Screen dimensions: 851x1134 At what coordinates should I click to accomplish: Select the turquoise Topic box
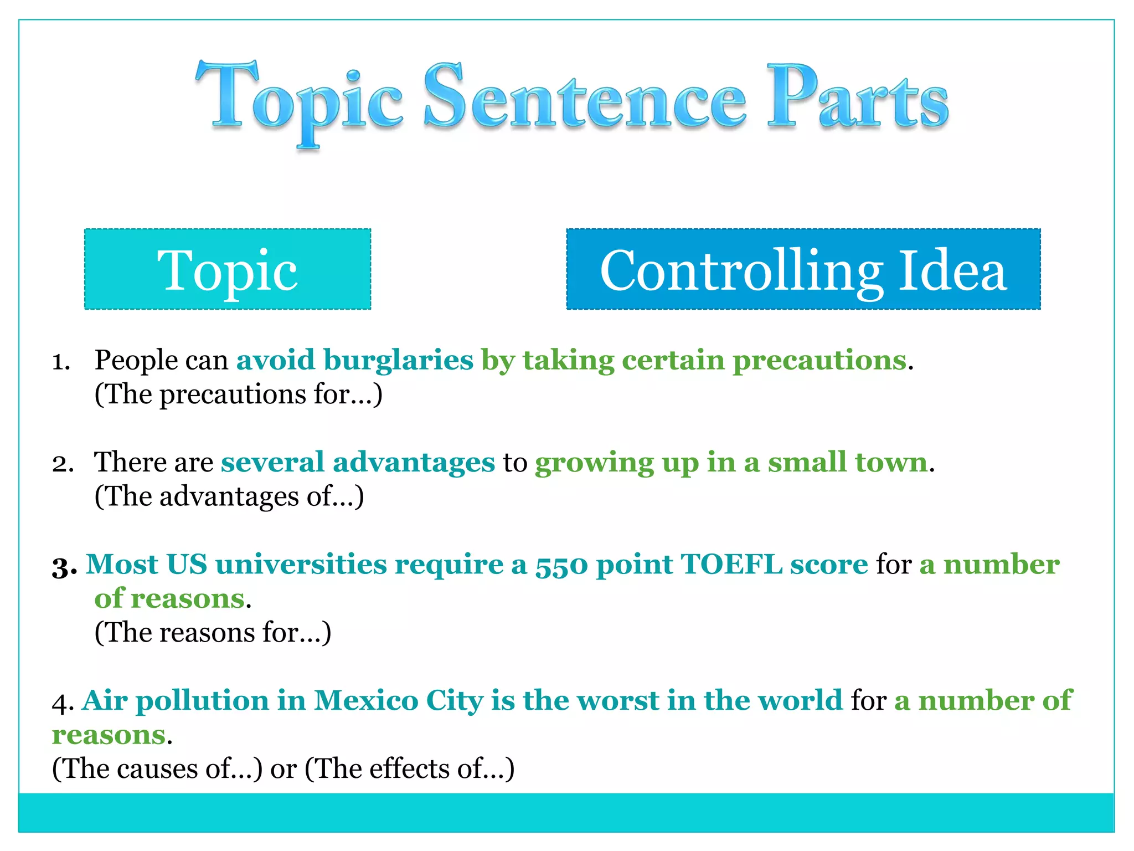[228, 269]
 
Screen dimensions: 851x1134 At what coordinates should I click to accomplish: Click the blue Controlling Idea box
[803, 269]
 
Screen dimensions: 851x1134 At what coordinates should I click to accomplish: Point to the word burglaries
[398, 361]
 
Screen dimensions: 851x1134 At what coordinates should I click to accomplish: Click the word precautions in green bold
[819, 361]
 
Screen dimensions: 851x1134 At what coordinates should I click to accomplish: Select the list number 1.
[61, 362]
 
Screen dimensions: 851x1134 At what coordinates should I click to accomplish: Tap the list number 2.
[63, 464]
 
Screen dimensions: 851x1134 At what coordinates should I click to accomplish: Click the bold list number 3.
[64, 567]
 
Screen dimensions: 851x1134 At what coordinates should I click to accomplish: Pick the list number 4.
[62, 703]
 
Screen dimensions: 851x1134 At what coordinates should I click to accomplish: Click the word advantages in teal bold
[414, 463]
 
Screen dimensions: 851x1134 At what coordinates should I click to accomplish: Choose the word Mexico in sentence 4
[366, 701]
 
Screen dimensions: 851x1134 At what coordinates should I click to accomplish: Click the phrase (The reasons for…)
[213, 633]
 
